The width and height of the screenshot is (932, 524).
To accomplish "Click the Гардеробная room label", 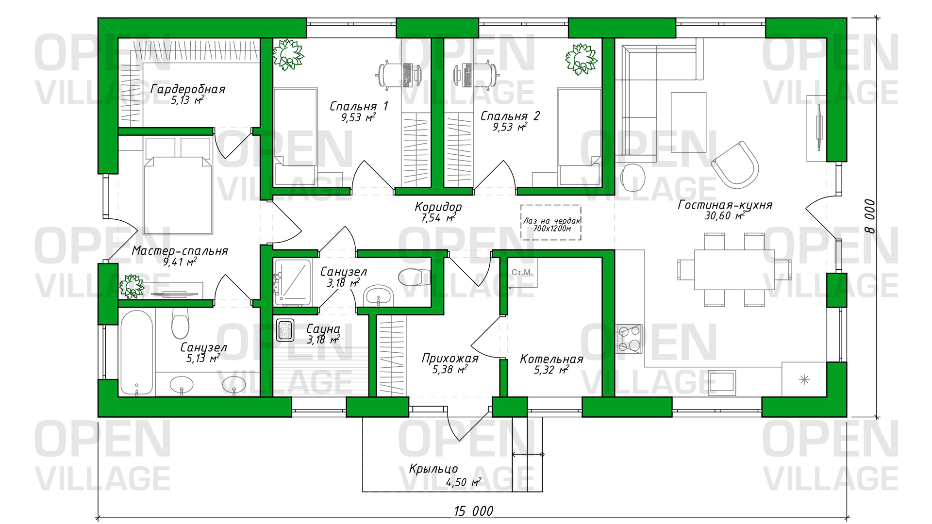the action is click(x=187, y=89).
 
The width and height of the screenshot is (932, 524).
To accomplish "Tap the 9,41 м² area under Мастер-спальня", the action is click(x=180, y=262).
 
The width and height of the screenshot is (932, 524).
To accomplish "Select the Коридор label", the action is click(x=438, y=207).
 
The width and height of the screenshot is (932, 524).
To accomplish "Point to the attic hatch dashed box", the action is click(x=551, y=222).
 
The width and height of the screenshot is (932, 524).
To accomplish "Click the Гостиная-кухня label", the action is click(x=725, y=205).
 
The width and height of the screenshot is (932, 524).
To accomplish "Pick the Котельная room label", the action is click(x=551, y=359).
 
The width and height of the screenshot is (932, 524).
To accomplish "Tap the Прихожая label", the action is click(x=450, y=359).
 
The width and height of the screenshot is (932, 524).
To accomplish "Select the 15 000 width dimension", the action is click(x=473, y=511).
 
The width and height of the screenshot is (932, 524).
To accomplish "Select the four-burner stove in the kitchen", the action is click(x=629, y=339).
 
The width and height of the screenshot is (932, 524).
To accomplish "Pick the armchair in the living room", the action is click(x=735, y=164).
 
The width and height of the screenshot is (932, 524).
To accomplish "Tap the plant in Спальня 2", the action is click(x=581, y=59).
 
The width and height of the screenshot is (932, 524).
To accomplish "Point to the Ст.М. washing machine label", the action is click(x=522, y=273).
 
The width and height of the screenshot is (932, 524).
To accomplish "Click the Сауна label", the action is click(x=323, y=329).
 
